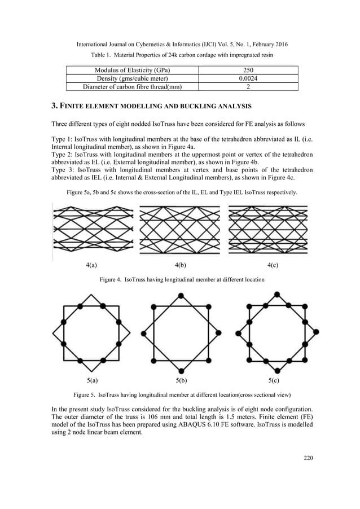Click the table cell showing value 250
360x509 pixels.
click(x=248, y=70)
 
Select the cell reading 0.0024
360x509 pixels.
click(x=248, y=78)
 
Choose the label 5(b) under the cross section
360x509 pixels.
click(x=181, y=380)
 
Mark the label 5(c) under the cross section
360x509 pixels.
click(x=275, y=380)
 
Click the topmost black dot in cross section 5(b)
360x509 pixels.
click(x=180, y=295)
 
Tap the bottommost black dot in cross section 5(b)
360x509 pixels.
click(x=180, y=371)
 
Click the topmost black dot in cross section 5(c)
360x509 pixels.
click(x=276, y=293)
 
